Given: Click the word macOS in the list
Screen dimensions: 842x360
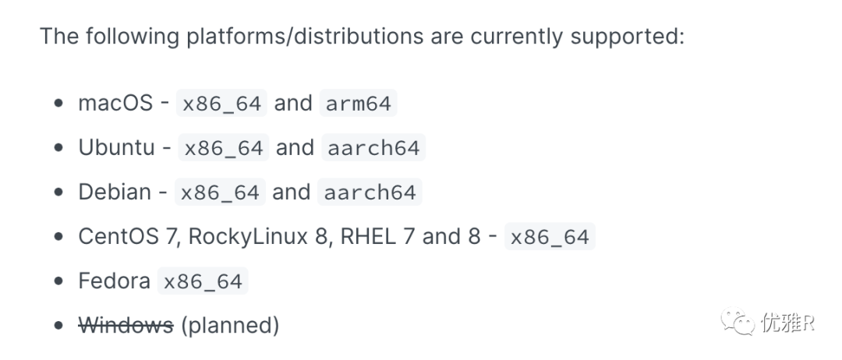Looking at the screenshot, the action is pyautogui.click(x=115, y=103).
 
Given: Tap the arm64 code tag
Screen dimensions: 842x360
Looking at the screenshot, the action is pyautogui.click(x=359, y=104).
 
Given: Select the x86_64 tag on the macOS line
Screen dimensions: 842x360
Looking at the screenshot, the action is pyautogui.click(x=222, y=104).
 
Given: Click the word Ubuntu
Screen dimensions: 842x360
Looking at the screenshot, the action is pyautogui.click(x=117, y=147).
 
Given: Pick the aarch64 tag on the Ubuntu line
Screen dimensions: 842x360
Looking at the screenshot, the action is pyautogui.click(x=373, y=148).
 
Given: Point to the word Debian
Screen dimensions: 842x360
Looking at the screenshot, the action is pyautogui.click(x=115, y=192).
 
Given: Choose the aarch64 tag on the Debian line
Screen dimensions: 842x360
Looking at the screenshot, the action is pyautogui.click(x=370, y=192).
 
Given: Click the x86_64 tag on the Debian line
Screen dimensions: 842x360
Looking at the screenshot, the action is pyautogui.click(x=220, y=192).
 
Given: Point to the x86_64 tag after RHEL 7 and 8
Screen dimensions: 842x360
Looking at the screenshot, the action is pyautogui.click(x=550, y=237).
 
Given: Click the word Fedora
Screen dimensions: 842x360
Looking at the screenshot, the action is pyautogui.click(x=115, y=281).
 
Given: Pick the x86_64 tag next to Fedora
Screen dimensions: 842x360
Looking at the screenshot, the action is pyautogui.click(x=203, y=281).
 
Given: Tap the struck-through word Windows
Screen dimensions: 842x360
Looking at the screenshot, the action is pyautogui.click(x=126, y=325).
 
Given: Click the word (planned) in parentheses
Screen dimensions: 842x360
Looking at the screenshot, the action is pyautogui.click(x=230, y=325).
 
